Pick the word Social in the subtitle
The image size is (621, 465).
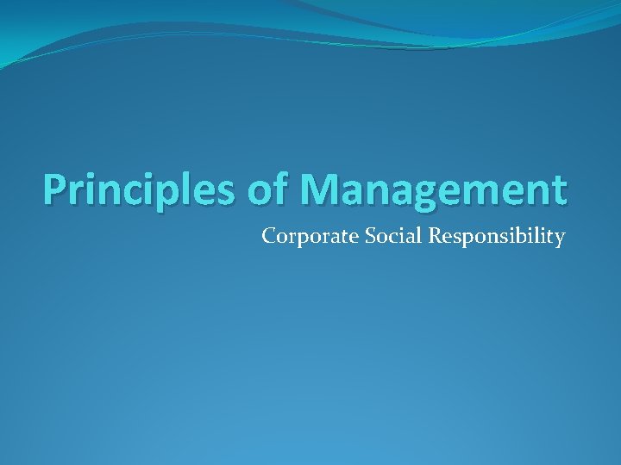coord(372,235)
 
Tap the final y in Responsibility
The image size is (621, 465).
coord(560,238)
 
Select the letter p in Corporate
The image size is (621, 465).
coord(298,238)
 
